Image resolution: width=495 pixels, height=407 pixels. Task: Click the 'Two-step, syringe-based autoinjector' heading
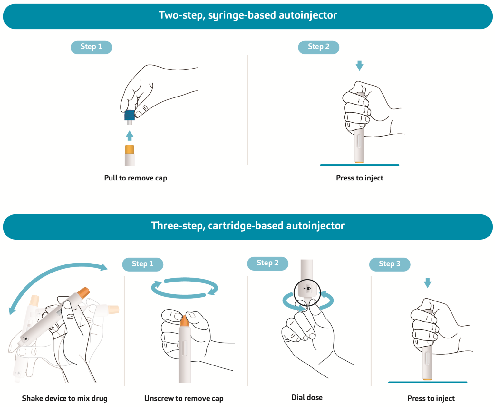[x=247, y=15]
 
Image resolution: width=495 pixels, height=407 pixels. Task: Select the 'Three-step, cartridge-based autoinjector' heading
[x=247, y=226]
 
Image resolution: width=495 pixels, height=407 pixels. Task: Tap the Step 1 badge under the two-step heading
[x=91, y=47]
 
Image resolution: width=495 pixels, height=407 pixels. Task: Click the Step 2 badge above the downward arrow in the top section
[x=318, y=47]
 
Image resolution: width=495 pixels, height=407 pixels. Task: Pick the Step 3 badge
[x=390, y=264]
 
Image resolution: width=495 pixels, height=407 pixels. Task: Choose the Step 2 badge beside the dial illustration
[x=268, y=263]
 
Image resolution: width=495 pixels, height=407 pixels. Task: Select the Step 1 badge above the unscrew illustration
[x=143, y=264]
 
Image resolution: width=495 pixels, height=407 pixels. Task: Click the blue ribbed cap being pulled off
[x=130, y=115]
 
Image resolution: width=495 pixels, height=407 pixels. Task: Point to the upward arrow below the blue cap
[x=130, y=135]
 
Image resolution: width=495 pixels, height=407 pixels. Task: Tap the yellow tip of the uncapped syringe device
[x=130, y=149]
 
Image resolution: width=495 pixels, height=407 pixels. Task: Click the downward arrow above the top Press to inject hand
[x=359, y=66]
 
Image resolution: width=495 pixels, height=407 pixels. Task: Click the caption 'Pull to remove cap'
[x=136, y=178]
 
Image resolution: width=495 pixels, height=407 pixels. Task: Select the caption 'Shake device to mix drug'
[x=65, y=398]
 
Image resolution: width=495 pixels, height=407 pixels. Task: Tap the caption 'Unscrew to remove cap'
[x=184, y=398]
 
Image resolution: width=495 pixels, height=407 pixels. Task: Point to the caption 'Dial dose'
[x=307, y=397]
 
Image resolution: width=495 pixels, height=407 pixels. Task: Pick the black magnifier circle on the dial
[x=307, y=293]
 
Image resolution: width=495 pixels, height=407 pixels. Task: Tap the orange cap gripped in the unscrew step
[x=184, y=321]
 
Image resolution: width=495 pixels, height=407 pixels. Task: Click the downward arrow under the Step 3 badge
[x=427, y=283]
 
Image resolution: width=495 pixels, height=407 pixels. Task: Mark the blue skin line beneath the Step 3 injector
[x=427, y=382]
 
